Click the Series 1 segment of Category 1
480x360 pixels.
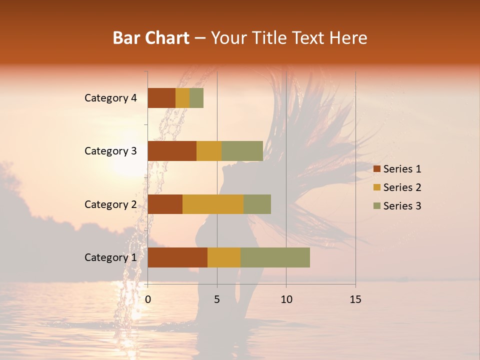point(177,257)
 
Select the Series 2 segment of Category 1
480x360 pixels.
point(224,257)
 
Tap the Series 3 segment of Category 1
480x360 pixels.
point(275,257)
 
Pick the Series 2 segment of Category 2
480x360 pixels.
point(213,204)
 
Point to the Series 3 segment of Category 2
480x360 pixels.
point(257,204)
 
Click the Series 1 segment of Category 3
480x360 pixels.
point(172,151)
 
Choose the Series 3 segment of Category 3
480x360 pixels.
point(242,151)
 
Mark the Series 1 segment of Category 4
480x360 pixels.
point(161,98)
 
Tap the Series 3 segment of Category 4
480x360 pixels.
point(196,98)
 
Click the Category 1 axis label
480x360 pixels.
point(110,257)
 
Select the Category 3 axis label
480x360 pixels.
point(110,151)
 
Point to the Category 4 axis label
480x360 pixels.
point(110,98)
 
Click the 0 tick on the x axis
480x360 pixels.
point(148,299)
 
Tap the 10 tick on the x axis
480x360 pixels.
point(286,299)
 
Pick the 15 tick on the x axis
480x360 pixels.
point(355,299)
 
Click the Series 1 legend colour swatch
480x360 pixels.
point(376,169)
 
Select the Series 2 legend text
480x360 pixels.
point(402,187)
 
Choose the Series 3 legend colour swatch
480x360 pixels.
point(376,206)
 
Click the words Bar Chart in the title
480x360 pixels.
point(151,38)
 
